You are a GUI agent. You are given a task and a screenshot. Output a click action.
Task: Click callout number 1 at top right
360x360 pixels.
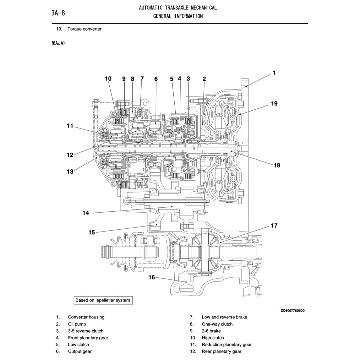[274, 73]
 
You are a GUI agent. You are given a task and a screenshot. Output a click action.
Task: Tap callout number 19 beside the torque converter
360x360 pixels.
[274, 104]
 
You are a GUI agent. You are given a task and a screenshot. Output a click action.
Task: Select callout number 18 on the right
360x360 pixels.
[277, 165]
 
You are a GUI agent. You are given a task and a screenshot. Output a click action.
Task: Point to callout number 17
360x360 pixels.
[274, 225]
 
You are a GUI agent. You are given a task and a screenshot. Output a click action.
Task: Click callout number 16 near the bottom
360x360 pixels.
[152, 277]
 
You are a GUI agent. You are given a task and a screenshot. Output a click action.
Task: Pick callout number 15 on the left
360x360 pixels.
[92, 233]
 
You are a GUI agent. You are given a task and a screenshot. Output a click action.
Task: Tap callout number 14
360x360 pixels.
[86, 213]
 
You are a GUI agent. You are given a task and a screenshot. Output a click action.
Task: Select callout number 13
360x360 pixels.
[70, 172]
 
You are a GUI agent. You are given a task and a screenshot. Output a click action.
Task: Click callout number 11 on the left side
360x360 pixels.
[70, 126]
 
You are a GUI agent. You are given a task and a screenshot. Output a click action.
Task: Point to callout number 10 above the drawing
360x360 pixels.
[108, 79]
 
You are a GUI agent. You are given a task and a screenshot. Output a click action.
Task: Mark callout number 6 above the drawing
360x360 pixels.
[156, 79]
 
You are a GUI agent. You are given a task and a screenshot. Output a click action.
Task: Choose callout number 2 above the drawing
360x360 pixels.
[204, 79]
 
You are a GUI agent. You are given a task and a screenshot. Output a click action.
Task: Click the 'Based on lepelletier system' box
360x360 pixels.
[103, 300]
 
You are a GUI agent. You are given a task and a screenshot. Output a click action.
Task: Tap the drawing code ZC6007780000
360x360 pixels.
[292, 311]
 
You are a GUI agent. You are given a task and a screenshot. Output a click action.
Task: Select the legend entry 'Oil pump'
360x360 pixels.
[77, 324]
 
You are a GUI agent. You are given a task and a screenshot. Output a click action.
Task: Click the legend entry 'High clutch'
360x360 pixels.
[213, 338]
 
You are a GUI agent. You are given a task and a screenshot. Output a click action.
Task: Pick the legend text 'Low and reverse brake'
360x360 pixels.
[224, 317]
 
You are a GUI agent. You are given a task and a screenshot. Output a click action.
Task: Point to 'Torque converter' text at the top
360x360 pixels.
[84, 29]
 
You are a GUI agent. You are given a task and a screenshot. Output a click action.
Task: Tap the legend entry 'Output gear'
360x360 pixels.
[80, 351]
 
